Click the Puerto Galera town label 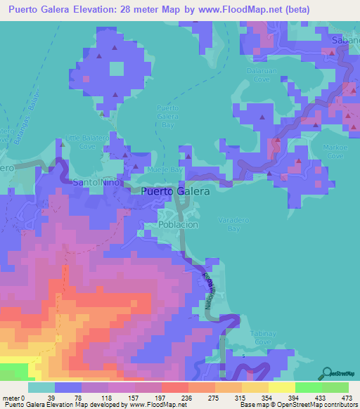(x=175, y=192)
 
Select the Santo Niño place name (x=97, y=183)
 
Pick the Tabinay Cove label (x=262, y=337)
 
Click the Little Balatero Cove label (x=77, y=143)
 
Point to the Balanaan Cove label (x=264, y=75)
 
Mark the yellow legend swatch (x=282, y=387)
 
